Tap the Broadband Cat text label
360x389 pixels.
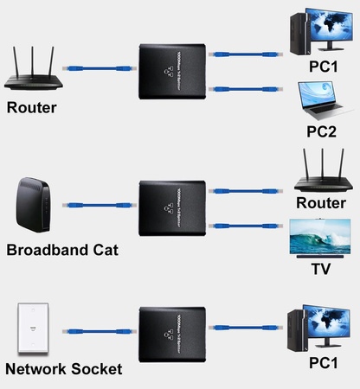[61, 251]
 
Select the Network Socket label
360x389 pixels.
[64, 369]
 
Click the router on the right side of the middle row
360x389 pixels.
[321, 173]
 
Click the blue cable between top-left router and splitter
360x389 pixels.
[96, 65]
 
